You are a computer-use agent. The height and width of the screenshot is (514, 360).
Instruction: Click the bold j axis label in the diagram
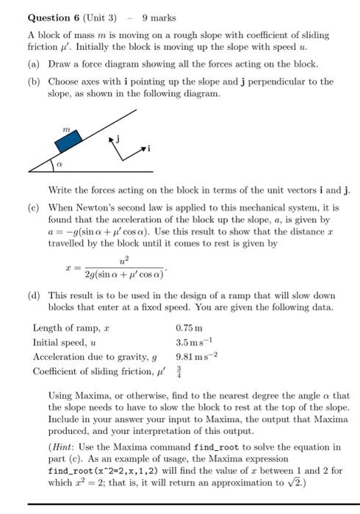pos(117,137)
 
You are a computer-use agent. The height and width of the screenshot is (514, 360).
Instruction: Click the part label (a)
pos(35,65)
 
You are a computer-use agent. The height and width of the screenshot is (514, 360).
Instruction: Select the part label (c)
pos(35,208)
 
